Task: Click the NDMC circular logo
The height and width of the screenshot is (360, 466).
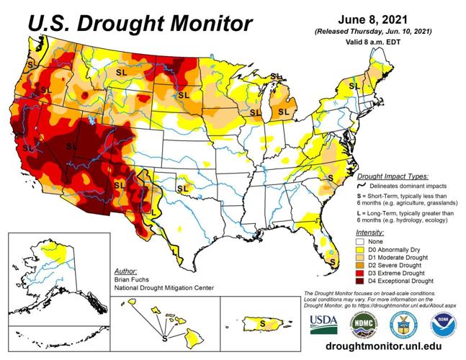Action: click(364, 323)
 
